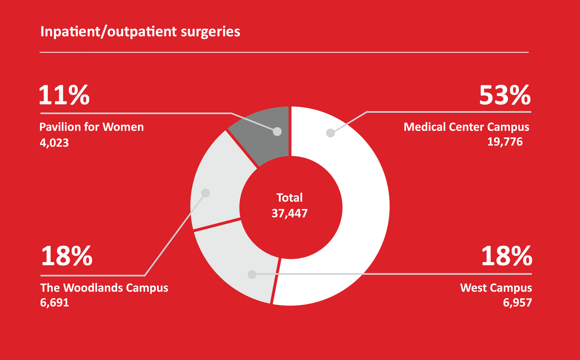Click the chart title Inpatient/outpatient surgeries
tap(140, 31)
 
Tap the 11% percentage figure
tap(64, 95)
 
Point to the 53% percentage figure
tap(505, 95)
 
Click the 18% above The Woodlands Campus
tap(67, 256)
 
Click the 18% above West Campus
tap(507, 256)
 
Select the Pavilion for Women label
tap(92, 127)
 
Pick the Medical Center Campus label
tap(466, 127)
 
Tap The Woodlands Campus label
tap(104, 288)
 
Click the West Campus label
tap(496, 288)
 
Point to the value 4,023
tap(54, 143)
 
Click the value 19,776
tap(505, 142)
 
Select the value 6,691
tap(54, 303)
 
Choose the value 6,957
tap(517, 303)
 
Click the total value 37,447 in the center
tap(290, 213)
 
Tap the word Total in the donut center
tap(290, 198)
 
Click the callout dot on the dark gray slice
tap(277, 131)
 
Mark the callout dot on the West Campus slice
tap(252, 274)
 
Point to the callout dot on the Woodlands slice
tap(205, 193)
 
